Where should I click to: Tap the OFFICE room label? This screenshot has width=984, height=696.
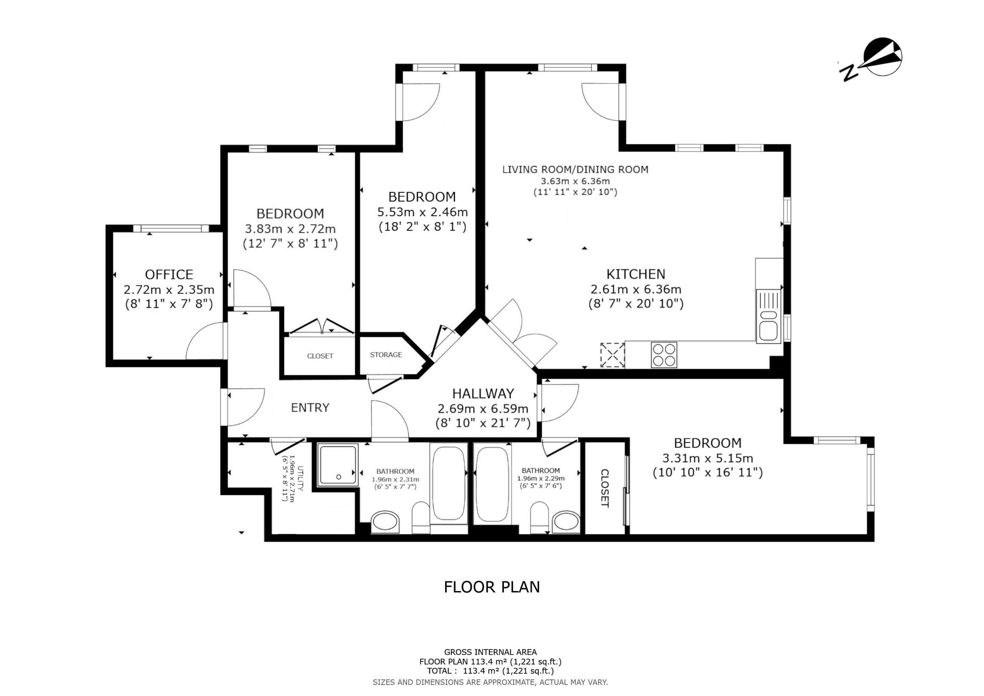click(x=169, y=275)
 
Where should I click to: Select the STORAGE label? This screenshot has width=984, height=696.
click(x=386, y=355)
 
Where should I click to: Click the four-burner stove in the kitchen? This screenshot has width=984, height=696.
click(x=664, y=355)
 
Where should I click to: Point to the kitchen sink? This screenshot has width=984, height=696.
click(x=769, y=316)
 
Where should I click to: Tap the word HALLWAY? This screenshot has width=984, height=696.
click(x=483, y=394)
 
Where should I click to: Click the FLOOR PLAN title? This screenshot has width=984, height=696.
click(x=492, y=587)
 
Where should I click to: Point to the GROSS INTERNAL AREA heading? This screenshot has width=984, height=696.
click(x=490, y=652)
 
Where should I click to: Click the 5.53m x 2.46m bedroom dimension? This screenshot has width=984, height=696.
click(x=422, y=212)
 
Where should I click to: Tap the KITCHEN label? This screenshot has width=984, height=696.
click(x=636, y=274)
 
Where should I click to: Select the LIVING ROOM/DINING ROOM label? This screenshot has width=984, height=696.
click(x=575, y=170)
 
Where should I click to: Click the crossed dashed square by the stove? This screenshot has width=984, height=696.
click(x=612, y=355)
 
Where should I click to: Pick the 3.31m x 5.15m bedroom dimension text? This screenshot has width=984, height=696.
click(x=708, y=458)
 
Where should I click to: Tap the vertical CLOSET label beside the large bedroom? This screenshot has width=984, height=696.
click(x=605, y=488)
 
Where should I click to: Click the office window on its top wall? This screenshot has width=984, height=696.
click(x=171, y=228)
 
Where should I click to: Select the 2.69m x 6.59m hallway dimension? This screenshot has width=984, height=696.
click(x=483, y=409)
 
